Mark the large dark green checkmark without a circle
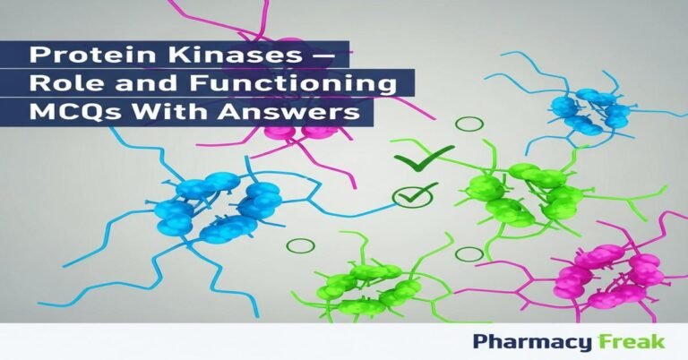click(412, 161)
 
